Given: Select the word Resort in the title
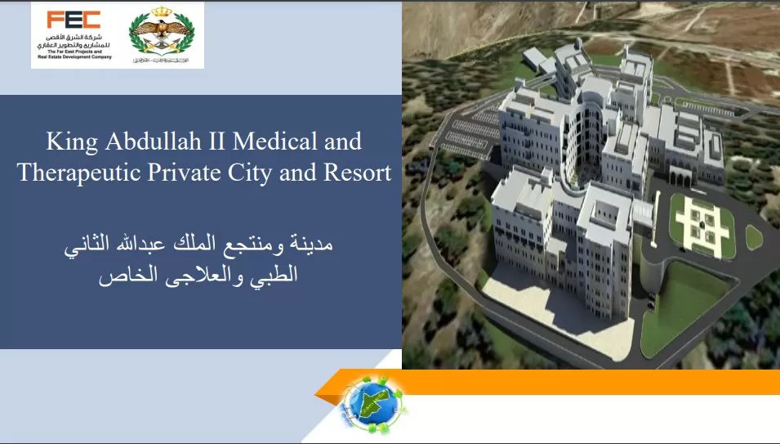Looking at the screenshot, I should click(357, 173).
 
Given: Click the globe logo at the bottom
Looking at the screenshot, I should click(372, 401).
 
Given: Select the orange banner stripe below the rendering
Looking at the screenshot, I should click(588, 382).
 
